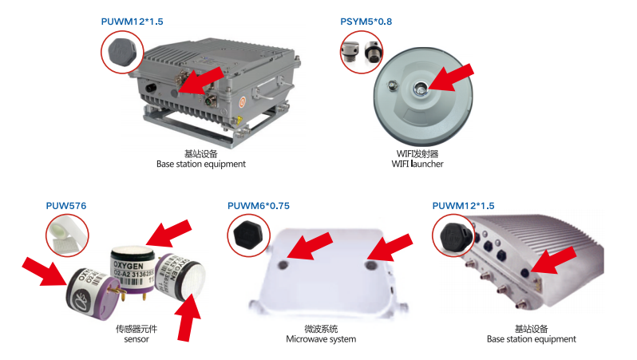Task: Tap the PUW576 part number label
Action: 66,206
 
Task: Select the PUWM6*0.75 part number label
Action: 258,206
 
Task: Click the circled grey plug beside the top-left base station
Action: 122,53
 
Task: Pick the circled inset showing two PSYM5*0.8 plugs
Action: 362,53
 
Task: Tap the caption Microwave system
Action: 321,339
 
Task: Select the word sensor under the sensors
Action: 136,339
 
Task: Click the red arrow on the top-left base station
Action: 200,80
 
